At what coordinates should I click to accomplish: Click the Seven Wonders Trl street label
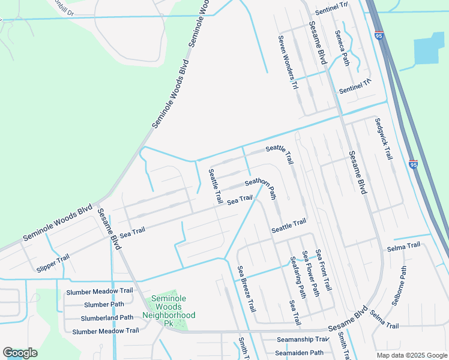coord(287,62)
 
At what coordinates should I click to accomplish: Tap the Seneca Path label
coord(345,52)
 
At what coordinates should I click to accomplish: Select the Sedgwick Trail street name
coord(383,139)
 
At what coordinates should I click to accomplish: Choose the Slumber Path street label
coord(104,304)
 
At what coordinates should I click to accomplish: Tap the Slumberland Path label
coord(107,317)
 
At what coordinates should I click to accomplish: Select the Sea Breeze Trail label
coord(246,290)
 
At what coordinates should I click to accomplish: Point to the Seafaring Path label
coord(298,277)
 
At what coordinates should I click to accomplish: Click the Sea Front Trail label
coord(324,271)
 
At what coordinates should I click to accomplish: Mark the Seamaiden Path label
coord(300,353)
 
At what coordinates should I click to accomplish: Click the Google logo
coord(20,353)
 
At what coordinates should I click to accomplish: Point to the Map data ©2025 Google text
coord(412,355)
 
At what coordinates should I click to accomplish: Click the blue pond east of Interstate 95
coord(430,48)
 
